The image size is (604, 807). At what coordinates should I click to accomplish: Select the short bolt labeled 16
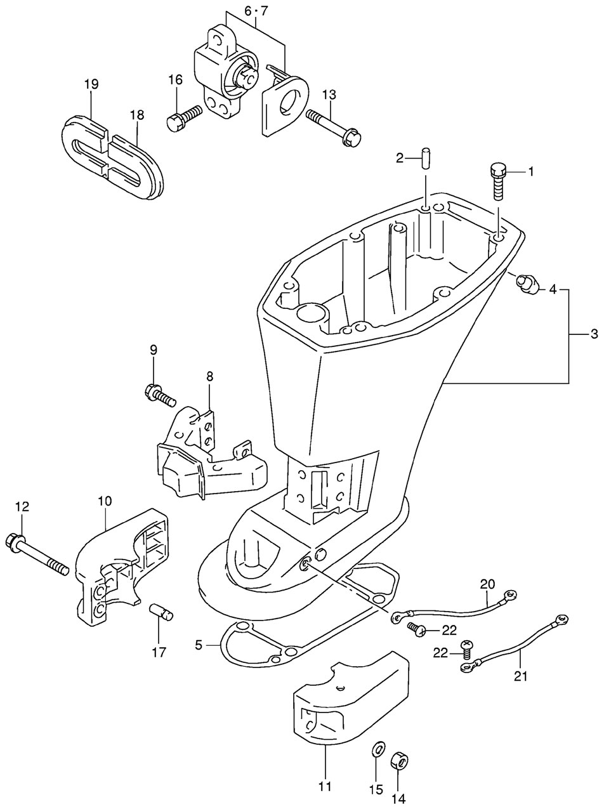coord(183,117)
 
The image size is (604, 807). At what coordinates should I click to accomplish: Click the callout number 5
coord(199,645)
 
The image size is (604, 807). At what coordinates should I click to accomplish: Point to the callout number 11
coord(325,787)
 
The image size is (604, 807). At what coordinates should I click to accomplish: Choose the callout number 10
coord(105,501)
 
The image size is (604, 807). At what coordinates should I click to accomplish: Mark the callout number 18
coord(137,115)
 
